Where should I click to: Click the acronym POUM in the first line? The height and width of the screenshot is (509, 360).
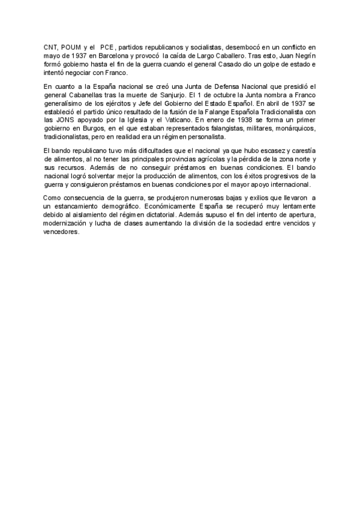70,46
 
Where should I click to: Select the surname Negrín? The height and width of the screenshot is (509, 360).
304,55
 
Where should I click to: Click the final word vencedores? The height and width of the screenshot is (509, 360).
61,232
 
